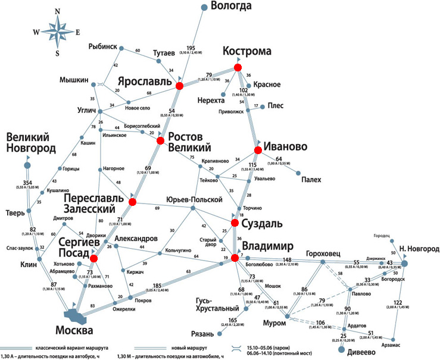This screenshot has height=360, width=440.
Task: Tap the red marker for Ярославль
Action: [179, 86]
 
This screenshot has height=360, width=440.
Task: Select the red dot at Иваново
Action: [258, 151]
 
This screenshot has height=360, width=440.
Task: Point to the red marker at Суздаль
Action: [235, 223]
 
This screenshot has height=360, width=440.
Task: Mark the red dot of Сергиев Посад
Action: [93, 258]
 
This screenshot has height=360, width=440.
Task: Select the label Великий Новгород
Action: [31, 143]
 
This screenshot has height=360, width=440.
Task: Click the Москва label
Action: [73, 330]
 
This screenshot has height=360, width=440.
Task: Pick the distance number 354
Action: [27, 181]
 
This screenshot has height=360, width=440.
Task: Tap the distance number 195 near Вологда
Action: [191, 48]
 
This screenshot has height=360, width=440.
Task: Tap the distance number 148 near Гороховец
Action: [288, 259]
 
